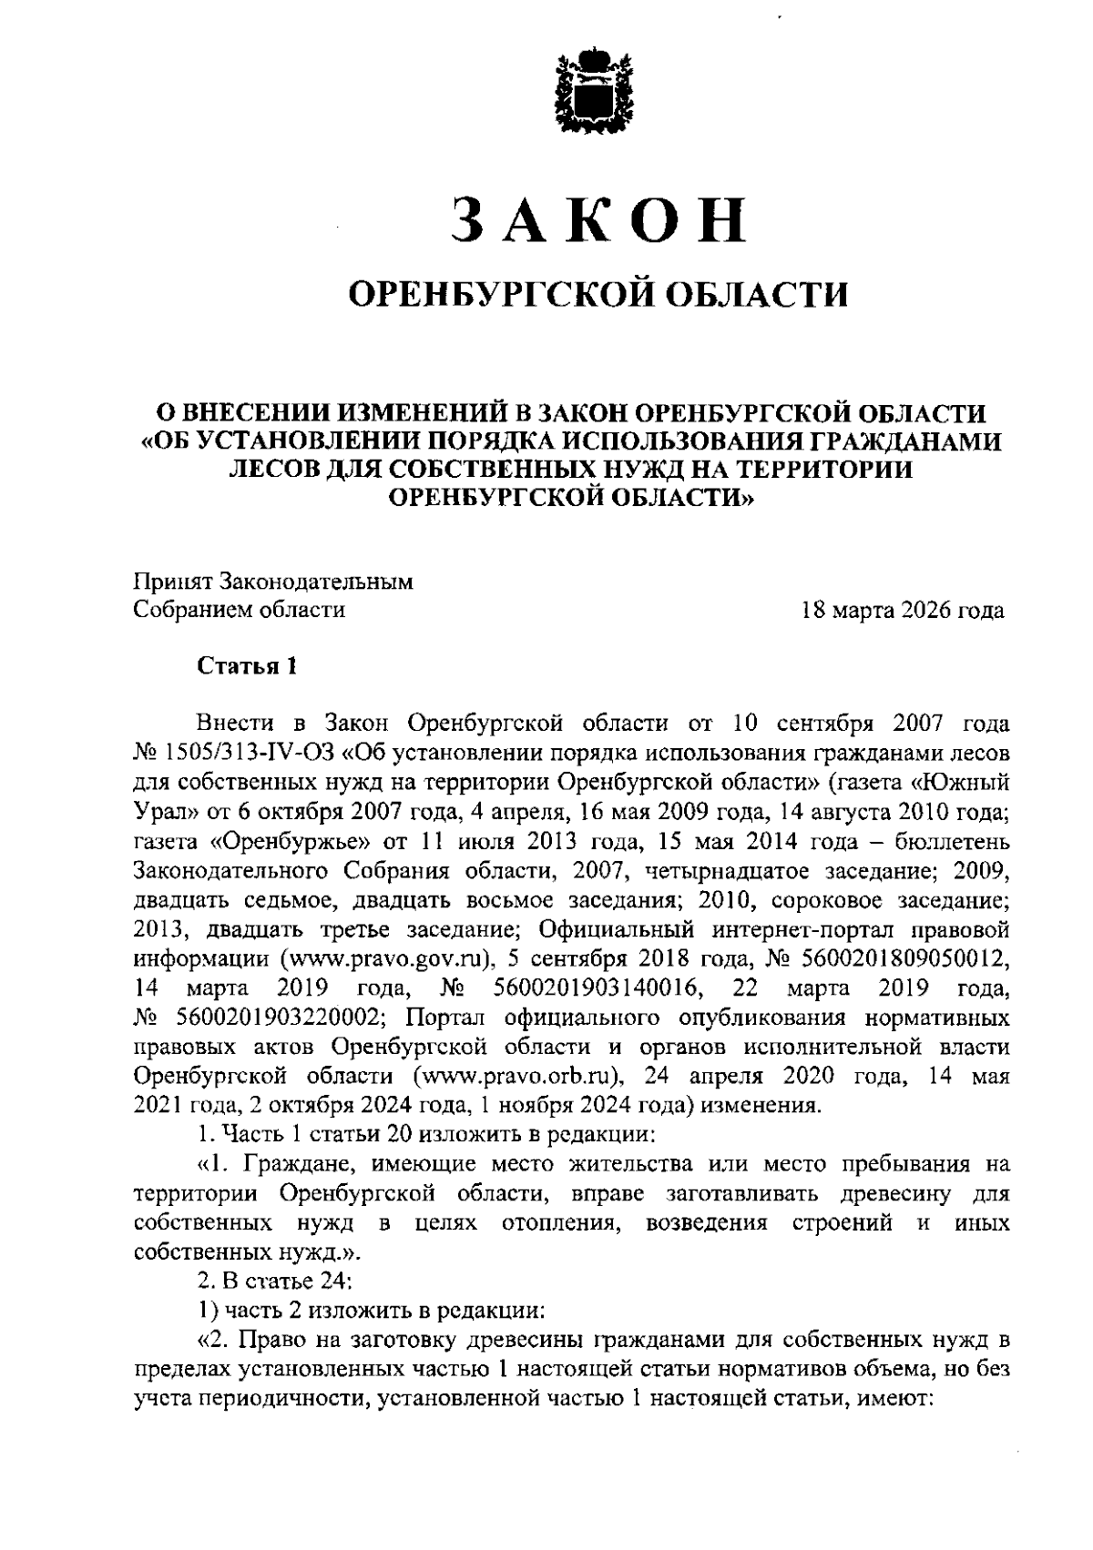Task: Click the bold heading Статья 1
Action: point(248,665)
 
